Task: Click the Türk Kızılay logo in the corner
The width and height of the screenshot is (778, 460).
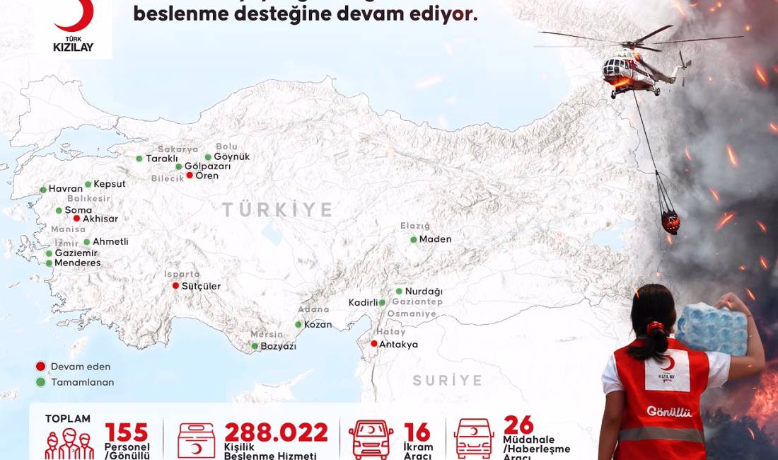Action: click(74, 27)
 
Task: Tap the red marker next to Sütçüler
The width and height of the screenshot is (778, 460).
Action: click(175, 286)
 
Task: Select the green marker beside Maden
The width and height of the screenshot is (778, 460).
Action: click(414, 239)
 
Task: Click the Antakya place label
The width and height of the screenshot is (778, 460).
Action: click(398, 345)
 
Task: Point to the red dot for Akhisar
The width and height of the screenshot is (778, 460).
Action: click(76, 219)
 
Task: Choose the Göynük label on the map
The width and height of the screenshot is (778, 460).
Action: click(231, 156)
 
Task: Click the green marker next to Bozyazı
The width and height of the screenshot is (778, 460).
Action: click(255, 346)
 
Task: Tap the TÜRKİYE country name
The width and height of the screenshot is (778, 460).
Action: click(278, 209)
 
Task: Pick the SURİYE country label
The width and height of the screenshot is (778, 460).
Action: click(448, 380)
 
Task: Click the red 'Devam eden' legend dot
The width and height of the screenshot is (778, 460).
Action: click(41, 367)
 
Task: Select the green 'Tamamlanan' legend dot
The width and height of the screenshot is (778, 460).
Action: click(41, 382)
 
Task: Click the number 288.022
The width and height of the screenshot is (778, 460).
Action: click(277, 432)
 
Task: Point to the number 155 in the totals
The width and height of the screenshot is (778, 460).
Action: click(127, 432)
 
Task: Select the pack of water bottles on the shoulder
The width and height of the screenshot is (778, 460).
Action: click(711, 328)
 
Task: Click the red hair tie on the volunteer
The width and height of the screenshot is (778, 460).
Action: click(656, 328)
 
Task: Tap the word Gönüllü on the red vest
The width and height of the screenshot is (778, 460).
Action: click(669, 412)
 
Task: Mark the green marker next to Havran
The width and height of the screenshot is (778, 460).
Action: click(43, 190)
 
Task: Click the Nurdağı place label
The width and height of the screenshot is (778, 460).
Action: click(424, 291)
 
